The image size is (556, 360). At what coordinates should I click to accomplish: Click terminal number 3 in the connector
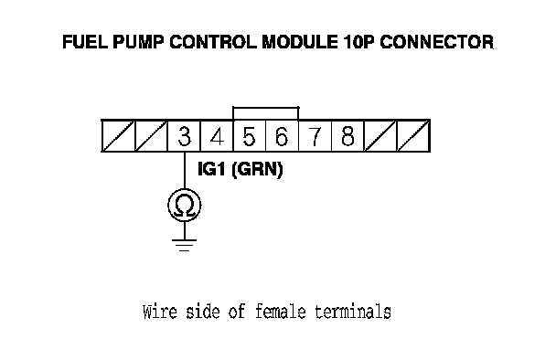(x=184, y=136)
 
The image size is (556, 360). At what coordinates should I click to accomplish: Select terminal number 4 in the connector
(x=217, y=136)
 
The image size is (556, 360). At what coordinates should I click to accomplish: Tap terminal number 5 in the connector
(x=250, y=136)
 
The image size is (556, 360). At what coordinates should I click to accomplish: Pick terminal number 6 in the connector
(x=282, y=136)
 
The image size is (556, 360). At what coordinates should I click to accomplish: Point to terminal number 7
(x=315, y=136)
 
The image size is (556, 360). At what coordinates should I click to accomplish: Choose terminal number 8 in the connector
(x=347, y=136)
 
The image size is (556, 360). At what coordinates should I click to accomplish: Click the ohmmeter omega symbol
(x=185, y=206)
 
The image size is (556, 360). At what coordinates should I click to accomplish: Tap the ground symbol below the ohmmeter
(x=184, y=245)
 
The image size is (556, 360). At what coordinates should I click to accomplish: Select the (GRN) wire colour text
(x=257, y=169)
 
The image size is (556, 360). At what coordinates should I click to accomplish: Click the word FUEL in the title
(x=85, y=42)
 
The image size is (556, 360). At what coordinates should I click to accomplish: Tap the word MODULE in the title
(x=300, y=42)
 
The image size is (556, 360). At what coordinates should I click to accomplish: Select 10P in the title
(x=358, y=42)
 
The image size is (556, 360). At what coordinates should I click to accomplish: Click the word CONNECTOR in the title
(x=436, y=42)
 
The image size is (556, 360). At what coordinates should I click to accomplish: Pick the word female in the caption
(x=280, y=312)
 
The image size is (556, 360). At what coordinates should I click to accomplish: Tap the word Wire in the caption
(x=159, y=312)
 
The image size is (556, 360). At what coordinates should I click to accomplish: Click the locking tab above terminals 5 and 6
(x=265, y=108)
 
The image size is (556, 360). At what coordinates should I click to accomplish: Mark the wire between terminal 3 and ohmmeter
(x=185, y=170)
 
